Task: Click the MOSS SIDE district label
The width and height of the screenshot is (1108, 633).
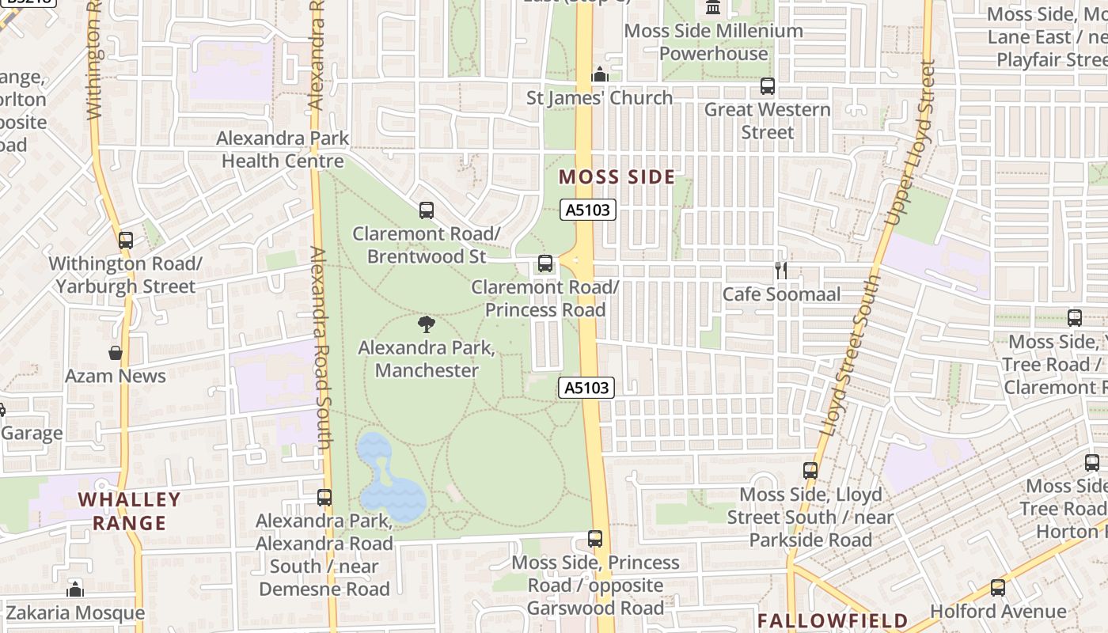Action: point(617,176)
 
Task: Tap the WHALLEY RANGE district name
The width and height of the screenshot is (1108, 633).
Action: point(130,511)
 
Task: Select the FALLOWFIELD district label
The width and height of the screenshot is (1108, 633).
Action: point(833,620)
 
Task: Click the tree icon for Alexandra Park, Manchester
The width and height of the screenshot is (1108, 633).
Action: point(427,324)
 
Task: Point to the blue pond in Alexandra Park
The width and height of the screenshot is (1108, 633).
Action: point(389,479)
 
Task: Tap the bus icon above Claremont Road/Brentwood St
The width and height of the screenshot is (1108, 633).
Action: point(427,210)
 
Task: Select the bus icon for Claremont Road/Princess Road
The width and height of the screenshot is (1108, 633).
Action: point(545,263)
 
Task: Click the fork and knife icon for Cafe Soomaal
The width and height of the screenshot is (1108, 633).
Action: point(781,271)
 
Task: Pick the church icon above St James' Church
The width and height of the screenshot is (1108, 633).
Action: point(600,74)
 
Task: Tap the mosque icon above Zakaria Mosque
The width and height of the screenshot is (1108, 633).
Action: point(75,589)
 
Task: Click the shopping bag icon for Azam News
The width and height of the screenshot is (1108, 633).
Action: point(116,353)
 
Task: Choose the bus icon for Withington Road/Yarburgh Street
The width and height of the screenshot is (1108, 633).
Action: point(125,240)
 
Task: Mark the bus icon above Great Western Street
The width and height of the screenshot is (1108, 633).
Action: point(767,86)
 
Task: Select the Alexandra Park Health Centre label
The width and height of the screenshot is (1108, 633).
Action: point(283,150)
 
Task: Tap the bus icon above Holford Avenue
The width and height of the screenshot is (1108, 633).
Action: point(998,588)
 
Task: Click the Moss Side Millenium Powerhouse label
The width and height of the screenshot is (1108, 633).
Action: point(714,42)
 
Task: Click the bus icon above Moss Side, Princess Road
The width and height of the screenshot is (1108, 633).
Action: point(595,539)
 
